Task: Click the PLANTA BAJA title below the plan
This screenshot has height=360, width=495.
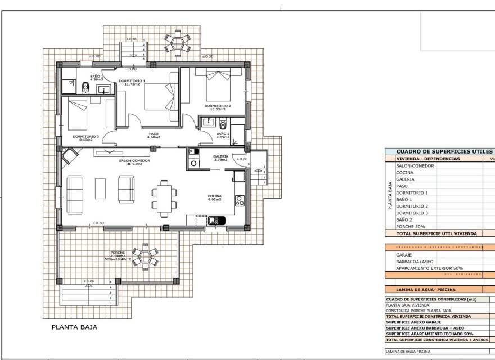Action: [x=74, y=327]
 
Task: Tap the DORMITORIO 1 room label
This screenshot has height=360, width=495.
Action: [x=132, y=83]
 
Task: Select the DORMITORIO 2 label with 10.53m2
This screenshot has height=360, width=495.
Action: [x=217, y=107]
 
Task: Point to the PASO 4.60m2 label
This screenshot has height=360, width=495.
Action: [x=154, y=135]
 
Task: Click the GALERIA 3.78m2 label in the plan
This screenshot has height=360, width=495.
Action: [x=220, y=158]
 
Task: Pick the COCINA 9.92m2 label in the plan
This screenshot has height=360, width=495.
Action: [x=214, y=197]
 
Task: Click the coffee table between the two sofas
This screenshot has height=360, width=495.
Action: [x=101, y=188]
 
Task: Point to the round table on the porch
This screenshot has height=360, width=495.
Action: [x=145, y=257]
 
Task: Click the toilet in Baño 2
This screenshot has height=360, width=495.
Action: [x=223, y=124]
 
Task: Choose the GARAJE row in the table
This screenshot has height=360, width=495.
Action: [x=405, y=254]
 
